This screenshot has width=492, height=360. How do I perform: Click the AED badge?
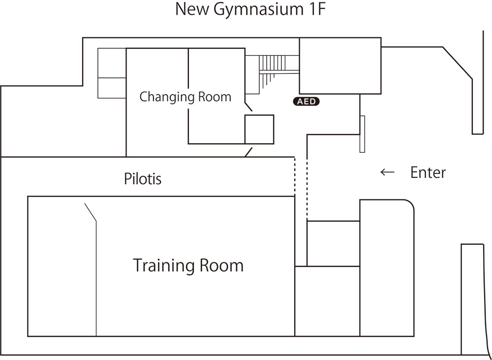click(307, 102)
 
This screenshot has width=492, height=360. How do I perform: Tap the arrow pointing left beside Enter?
click(388, 172)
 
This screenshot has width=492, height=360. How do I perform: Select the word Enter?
click(428, 172)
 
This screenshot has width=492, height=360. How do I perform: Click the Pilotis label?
click(143, 179)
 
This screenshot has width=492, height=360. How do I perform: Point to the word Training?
click(164, 266)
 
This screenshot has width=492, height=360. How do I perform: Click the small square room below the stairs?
click(259, 129)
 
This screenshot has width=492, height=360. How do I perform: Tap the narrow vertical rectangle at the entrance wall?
click(363, 134)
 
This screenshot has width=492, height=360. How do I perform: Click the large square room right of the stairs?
click(340, 66)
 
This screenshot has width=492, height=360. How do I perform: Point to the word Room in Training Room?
click(221, 266)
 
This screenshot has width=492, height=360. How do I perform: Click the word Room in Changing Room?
click(215, 97)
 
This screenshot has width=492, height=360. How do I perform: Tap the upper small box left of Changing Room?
click(112, 63)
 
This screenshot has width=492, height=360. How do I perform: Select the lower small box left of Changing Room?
click(112, 88)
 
